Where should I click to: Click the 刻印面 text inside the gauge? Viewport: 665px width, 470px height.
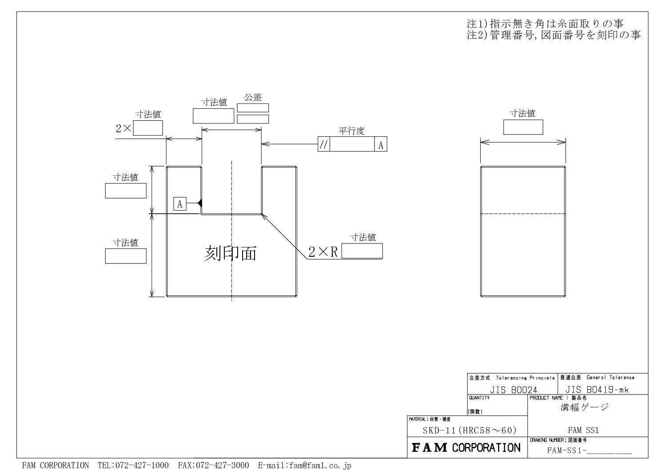[231, 253]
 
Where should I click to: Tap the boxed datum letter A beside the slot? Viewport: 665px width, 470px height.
[180, 204]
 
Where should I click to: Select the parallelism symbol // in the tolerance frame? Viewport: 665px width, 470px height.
[323, 144]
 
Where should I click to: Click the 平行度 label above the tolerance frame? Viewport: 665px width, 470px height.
[351, 131]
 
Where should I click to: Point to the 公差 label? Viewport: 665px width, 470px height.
[253, 97]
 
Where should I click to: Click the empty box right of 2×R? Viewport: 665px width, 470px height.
[362, 251]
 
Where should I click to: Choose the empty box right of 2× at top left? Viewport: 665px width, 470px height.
[148, 128]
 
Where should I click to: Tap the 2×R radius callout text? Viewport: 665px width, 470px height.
[323, 252]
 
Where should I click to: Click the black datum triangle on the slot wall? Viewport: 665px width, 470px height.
[200, 203]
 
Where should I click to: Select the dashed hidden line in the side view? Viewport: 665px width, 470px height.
[523, 214]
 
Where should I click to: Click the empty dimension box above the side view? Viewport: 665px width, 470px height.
[523, 127]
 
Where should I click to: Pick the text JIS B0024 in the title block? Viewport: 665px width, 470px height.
[513, 390]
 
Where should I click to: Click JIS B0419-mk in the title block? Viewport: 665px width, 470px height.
[597, 389]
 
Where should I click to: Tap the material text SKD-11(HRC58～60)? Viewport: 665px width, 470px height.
[470, 430]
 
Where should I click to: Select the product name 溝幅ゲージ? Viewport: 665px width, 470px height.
[585, 407]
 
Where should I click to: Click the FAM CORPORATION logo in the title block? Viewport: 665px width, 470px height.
[466, 448]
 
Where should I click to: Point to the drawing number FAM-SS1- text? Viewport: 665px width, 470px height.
[567, 450]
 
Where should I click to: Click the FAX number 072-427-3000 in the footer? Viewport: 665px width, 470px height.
[213, 465]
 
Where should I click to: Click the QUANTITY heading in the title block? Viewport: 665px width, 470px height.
[479, 398]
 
